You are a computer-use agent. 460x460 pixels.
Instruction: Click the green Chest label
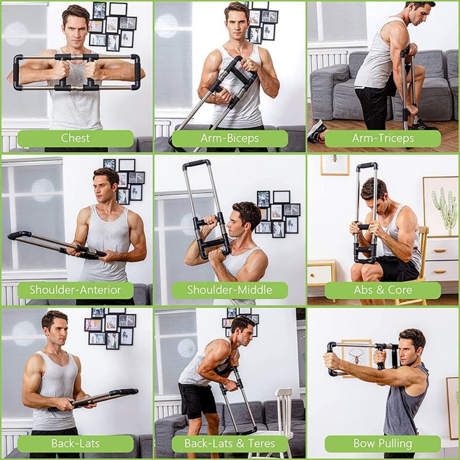pyautogui.click(x=76, y=138)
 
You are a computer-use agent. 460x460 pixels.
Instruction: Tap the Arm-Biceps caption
pyautogui.click(x=230, y=138)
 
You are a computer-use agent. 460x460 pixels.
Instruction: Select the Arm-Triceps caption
pyautogui.click(x=383, y=138)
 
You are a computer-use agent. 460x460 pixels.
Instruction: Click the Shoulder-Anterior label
pyautogui.click(x=75, y=290)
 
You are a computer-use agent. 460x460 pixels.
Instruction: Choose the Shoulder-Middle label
pyautogui.click(x=230, y=290)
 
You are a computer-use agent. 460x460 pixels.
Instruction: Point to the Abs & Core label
pyautogui.click(x=383, y=290)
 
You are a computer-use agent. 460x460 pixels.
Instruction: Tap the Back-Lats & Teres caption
pyautogui.click(x=230, y=443)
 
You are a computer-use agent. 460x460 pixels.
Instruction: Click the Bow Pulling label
pyautogui.click(x=383, y=443)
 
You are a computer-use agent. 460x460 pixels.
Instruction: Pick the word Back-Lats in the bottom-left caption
pyautogui.click(x=75, y=443)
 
